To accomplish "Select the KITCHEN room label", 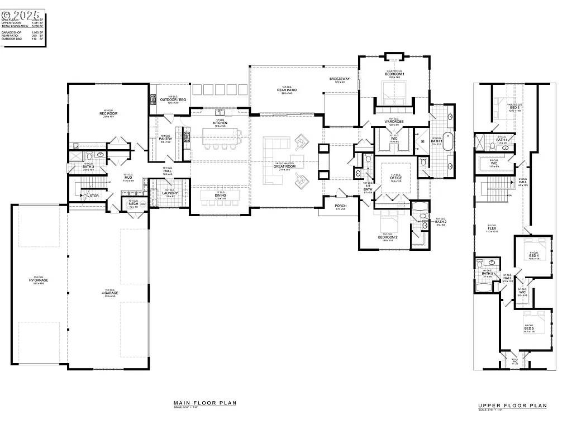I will click(220, 123).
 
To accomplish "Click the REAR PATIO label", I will click(287, 90).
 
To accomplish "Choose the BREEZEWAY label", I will click(340, 79).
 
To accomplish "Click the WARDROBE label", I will click(394, 121).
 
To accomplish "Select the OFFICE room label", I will click(396, 178).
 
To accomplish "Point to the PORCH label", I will click(341, 206).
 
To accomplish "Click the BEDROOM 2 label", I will click(387, 237).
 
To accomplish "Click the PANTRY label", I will click(165, 139).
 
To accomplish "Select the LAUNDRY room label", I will click(169, 193).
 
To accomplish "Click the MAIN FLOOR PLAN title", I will click(204, 403).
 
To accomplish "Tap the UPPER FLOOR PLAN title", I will click(512, 406).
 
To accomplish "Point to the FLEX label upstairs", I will click(492, 228).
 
